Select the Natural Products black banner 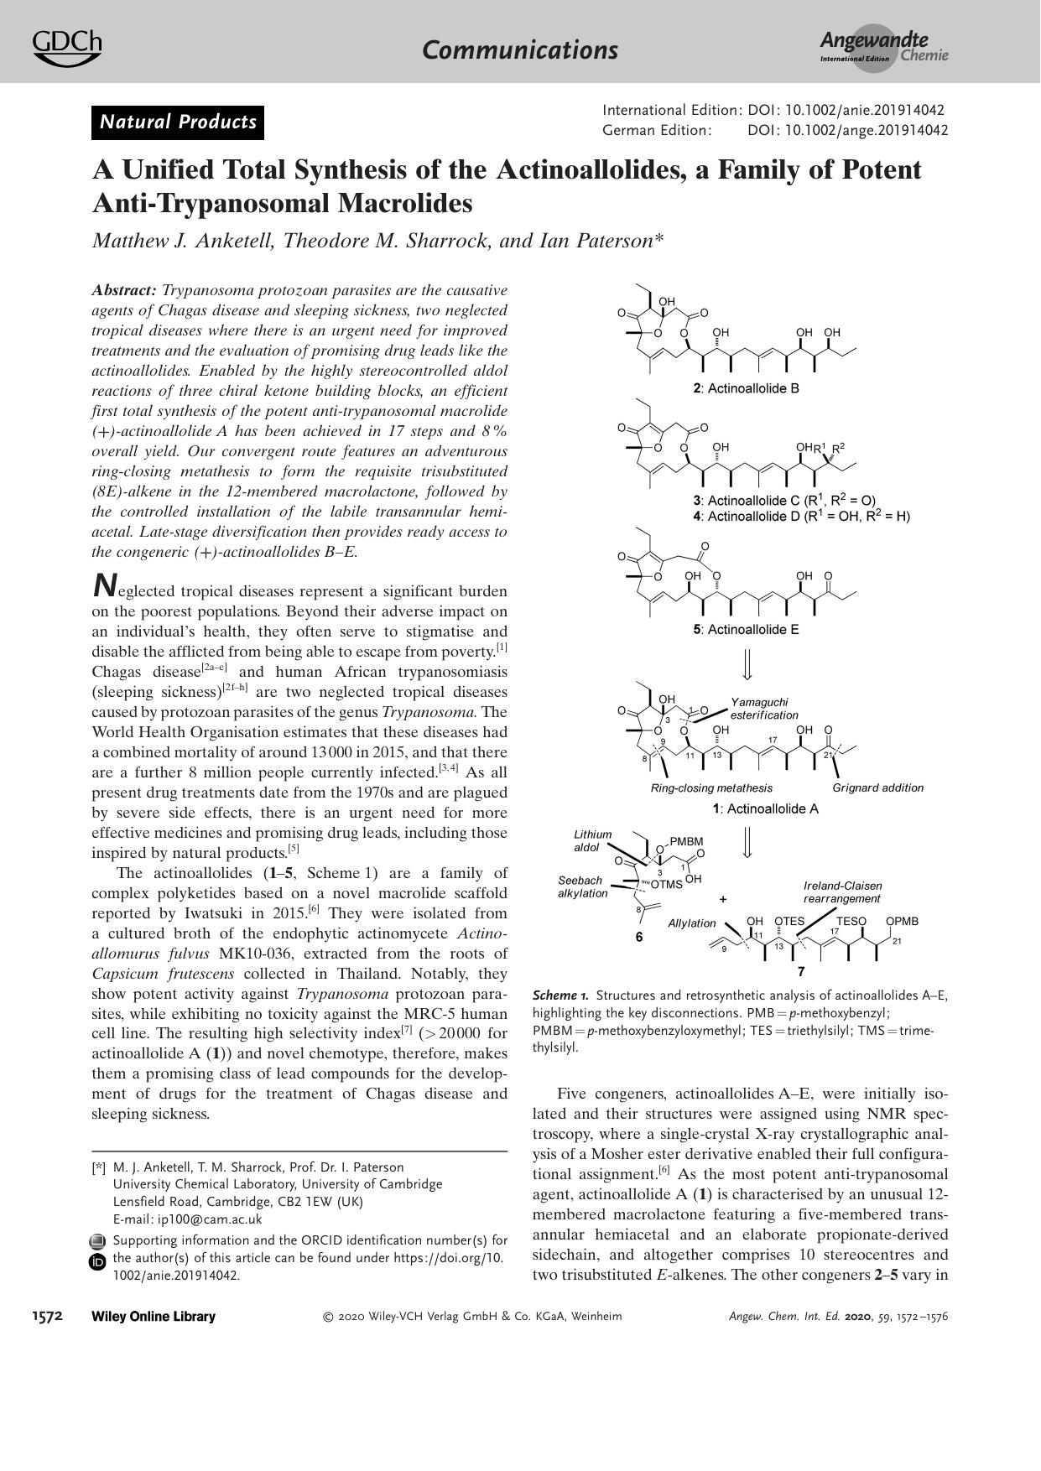178,122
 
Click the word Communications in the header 520,49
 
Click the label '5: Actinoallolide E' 745,629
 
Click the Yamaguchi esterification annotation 763,709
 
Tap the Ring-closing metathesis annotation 711,787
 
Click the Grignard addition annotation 877,787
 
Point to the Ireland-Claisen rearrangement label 842,891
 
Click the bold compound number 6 639,937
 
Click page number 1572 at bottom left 48,1316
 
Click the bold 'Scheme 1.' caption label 560,995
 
